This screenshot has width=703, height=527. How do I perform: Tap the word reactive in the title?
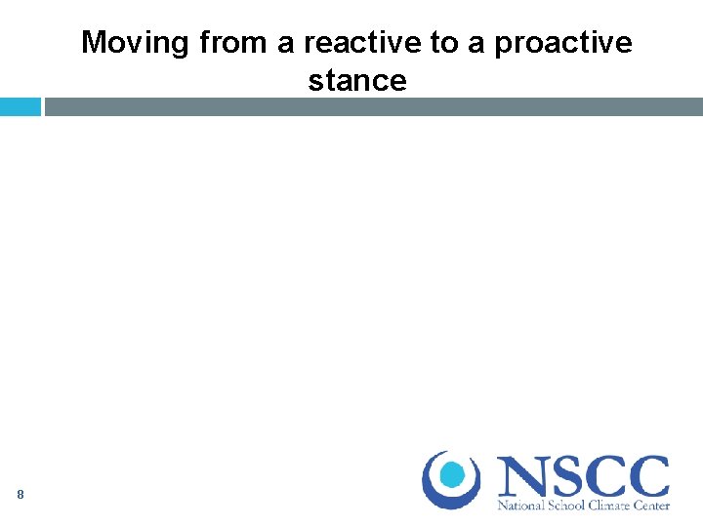point(364,43)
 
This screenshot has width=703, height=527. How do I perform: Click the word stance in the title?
point(357,80)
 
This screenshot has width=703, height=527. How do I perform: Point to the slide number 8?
point(20,495)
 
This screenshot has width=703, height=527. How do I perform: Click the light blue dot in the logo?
point(452,475)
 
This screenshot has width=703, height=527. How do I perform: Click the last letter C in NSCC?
point(648,477)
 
